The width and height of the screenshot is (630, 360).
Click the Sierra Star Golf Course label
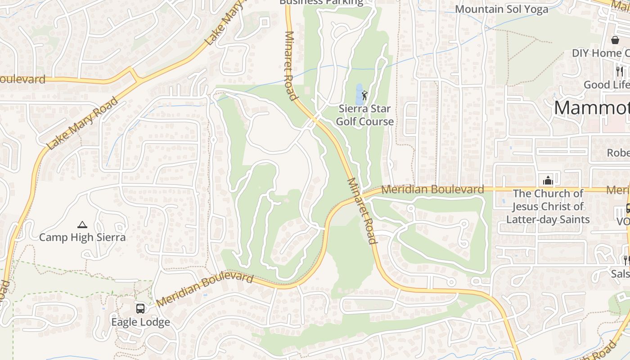pos(364,115)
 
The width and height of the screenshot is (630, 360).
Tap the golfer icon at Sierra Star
pos(364,95)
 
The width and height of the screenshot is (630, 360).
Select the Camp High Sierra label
pos(82,237)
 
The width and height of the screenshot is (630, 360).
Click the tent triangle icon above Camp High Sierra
pos(82,225)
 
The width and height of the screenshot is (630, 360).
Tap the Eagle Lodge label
pos(140,322)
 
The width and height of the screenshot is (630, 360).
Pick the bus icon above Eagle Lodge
pos(140,309)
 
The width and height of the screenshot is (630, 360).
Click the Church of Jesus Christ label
pos(548,206)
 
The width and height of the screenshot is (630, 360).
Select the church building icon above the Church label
pos(548,180)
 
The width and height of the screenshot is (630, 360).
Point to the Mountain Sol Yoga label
pos(501,9)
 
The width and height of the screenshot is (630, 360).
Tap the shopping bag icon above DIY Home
pos(615,40)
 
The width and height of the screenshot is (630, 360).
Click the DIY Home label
pos(600,53)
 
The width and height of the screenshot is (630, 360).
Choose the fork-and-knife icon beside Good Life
pos(620,71)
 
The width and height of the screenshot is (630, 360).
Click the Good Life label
pos(606,85)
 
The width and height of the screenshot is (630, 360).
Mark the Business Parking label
pos(321,2)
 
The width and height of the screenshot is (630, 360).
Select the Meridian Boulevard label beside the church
pos(432,189)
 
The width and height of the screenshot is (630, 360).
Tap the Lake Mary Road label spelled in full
pos(82,123)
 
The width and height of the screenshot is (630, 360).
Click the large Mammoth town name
pos(591,108)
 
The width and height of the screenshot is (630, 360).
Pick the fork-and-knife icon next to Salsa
pos(625,260)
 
